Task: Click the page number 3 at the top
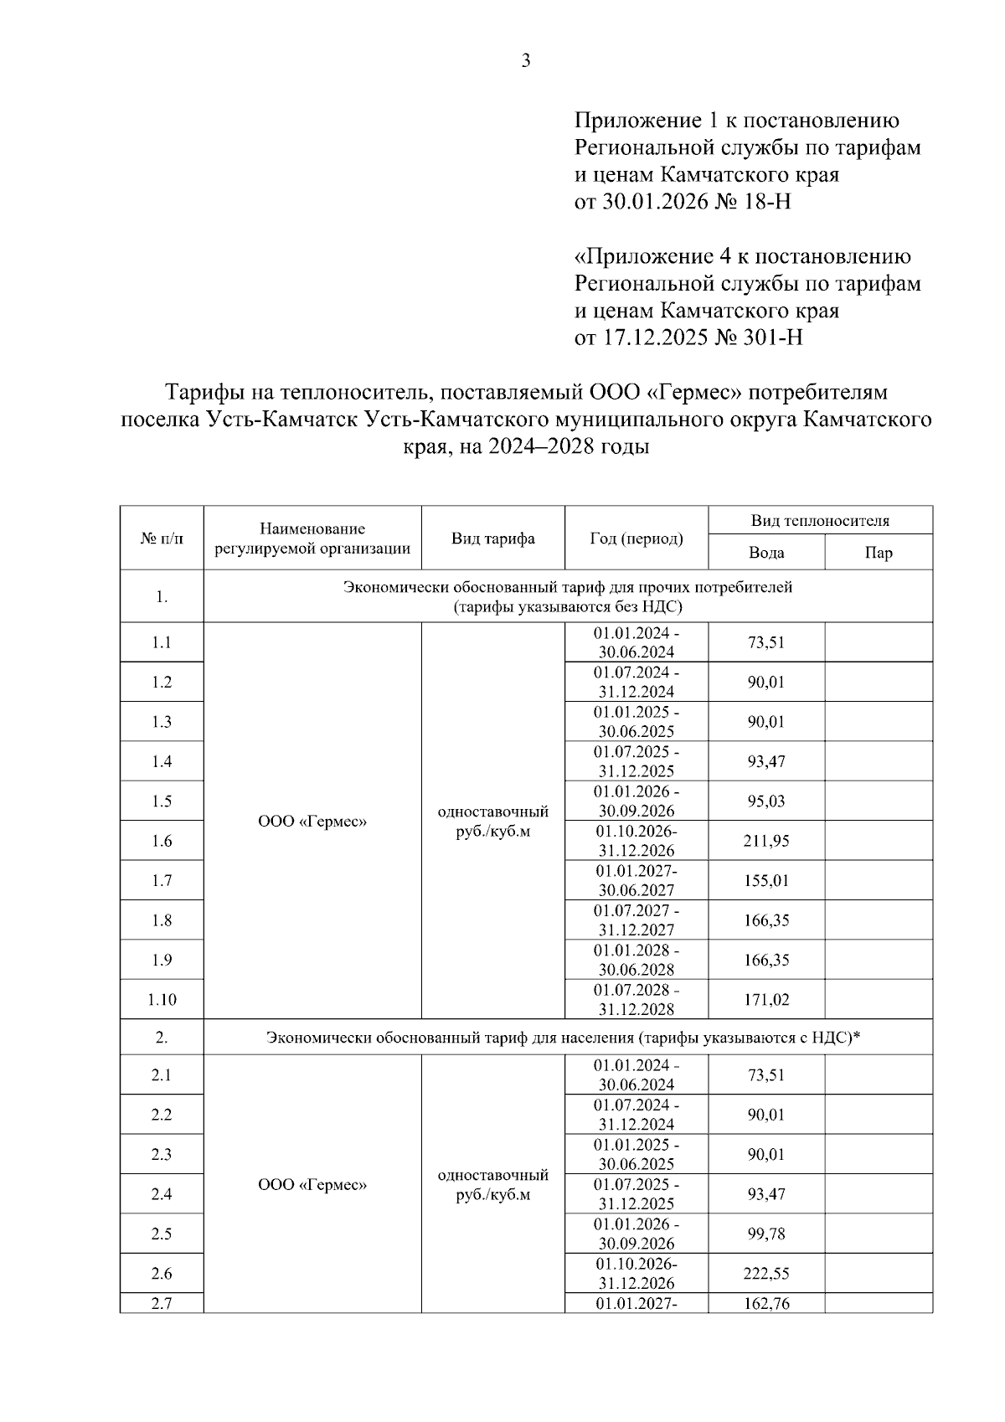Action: coord(526,61)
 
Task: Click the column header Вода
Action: coord(766,553)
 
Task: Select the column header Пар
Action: coord(879,553)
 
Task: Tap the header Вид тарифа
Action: coord(492,538)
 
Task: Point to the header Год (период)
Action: coord(636,538)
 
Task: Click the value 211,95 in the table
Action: coord(766,841)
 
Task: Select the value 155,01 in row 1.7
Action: coord(766,880)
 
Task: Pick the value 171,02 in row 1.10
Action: coord(766,1000)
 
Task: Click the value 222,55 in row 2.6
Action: coord(766,1274)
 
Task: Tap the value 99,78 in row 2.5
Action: coord(766,1234)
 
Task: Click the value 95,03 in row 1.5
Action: coord(766,801)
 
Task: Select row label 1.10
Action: coord(162,1000)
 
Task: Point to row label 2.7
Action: coord(162,1303)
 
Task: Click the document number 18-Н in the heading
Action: coord(762,202)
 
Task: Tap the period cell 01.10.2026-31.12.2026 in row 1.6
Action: coord(636,841)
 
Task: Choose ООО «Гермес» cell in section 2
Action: coord(312,1185)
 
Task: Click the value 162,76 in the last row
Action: coord(766,1303)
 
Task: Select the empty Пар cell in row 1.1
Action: coord(879,642)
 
